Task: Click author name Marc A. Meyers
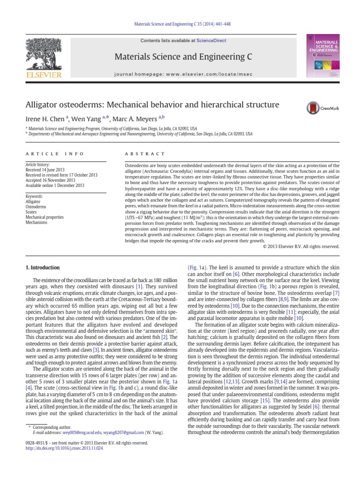[x=140, y=119]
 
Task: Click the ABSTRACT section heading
[x=143, y=154]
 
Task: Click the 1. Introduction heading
[x=42, y=268]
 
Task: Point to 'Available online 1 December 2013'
[x=54, y=186]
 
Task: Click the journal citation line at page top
[x=180, y=24]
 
